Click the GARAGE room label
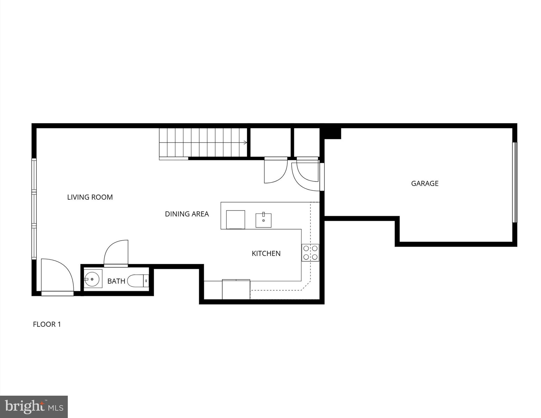[x=424, y=184]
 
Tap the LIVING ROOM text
[x=90, y=197]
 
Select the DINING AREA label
[x=187, y=214]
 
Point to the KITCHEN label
[x=266, y=254]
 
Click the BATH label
[x=116, y=281]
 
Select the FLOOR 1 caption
[x=47, y=324]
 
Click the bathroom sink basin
[x=92, y=279]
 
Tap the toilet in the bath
[x=136, y=281]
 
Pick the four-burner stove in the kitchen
[x=310, y=252]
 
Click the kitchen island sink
[x=263, y=220]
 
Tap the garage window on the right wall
[x=514, y=182]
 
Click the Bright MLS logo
[x=34, y=407]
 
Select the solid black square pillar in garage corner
[x=332, y=133]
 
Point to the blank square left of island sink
[x=236, y=219]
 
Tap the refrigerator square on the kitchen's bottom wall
[x=236, y=289]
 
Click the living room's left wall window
[x=34, y=209]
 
